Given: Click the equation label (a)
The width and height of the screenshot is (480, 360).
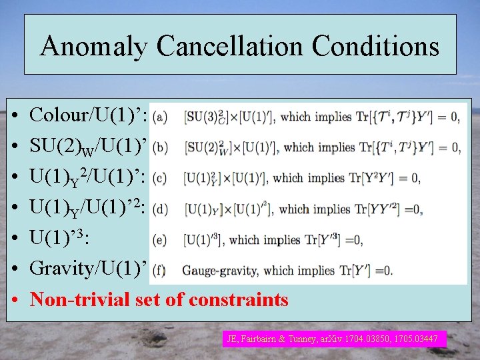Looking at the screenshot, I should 159,117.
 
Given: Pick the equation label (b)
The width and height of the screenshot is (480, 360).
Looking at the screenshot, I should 159,147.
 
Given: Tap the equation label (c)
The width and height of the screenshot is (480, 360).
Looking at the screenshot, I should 159,178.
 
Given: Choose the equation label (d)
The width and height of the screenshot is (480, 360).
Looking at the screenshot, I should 159,209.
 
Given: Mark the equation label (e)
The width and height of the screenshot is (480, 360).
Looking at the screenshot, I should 159,240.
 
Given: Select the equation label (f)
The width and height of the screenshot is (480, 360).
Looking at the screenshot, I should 159,271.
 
